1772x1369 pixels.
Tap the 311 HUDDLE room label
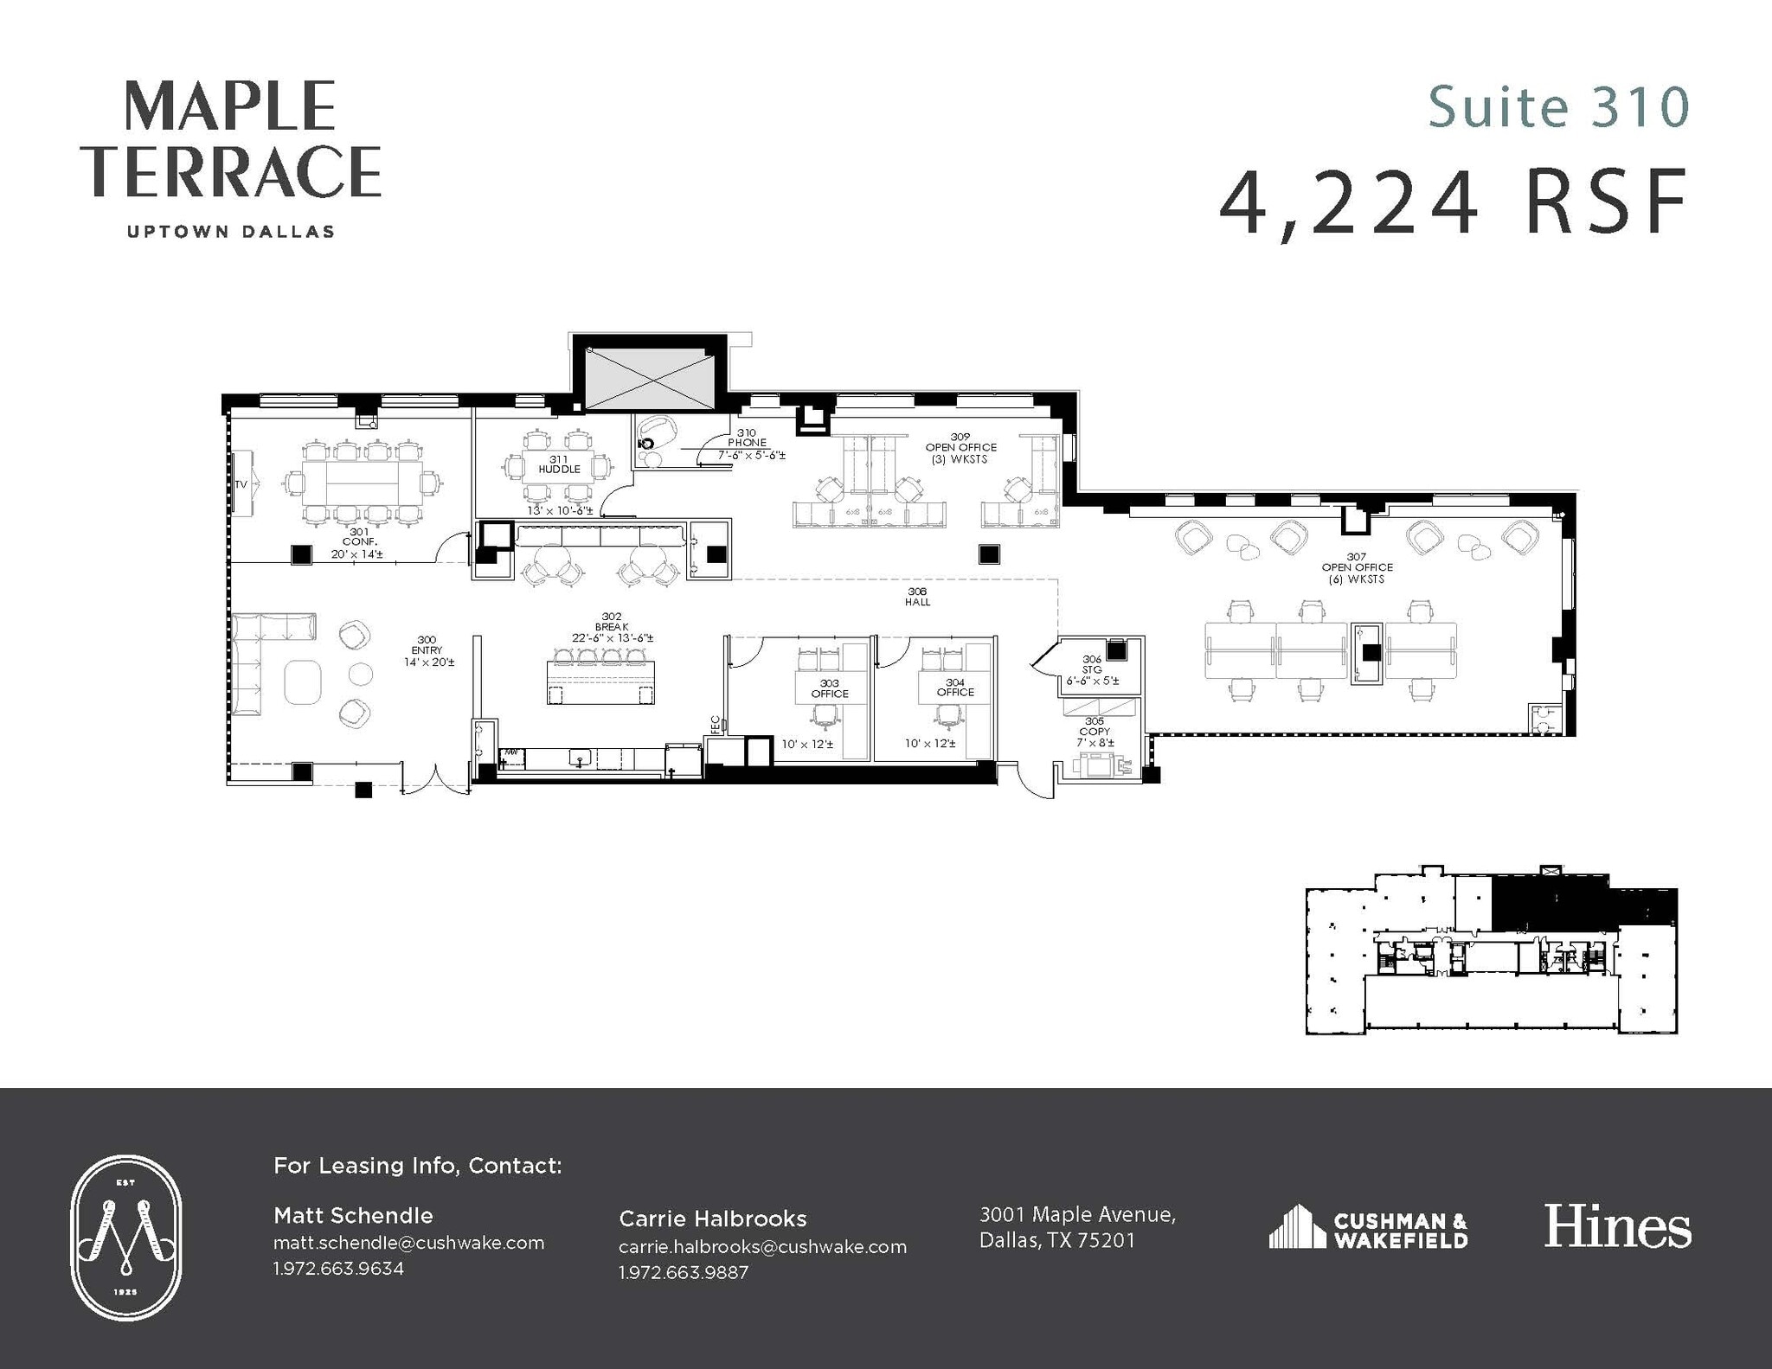click(559, 464)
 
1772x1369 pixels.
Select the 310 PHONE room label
click(748, 438)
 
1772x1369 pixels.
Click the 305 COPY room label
click(1095, 726)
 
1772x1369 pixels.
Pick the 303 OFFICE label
click(829, 688)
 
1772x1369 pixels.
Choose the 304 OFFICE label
click(955, 688)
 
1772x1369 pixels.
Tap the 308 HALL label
click(917, 597)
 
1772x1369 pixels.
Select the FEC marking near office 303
click(716, 725)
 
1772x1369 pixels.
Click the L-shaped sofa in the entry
click(260, 657)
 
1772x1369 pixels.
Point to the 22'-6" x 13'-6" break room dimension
click(612, 638)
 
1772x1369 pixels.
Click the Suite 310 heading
click(1557, 107)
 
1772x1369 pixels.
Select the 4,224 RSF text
click(1454, 205)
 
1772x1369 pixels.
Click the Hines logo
click(1617, 1227)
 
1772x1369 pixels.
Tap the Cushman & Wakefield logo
click(1368, 1228)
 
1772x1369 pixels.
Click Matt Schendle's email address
click(408, 1243)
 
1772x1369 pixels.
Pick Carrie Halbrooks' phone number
click(684, 1272)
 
